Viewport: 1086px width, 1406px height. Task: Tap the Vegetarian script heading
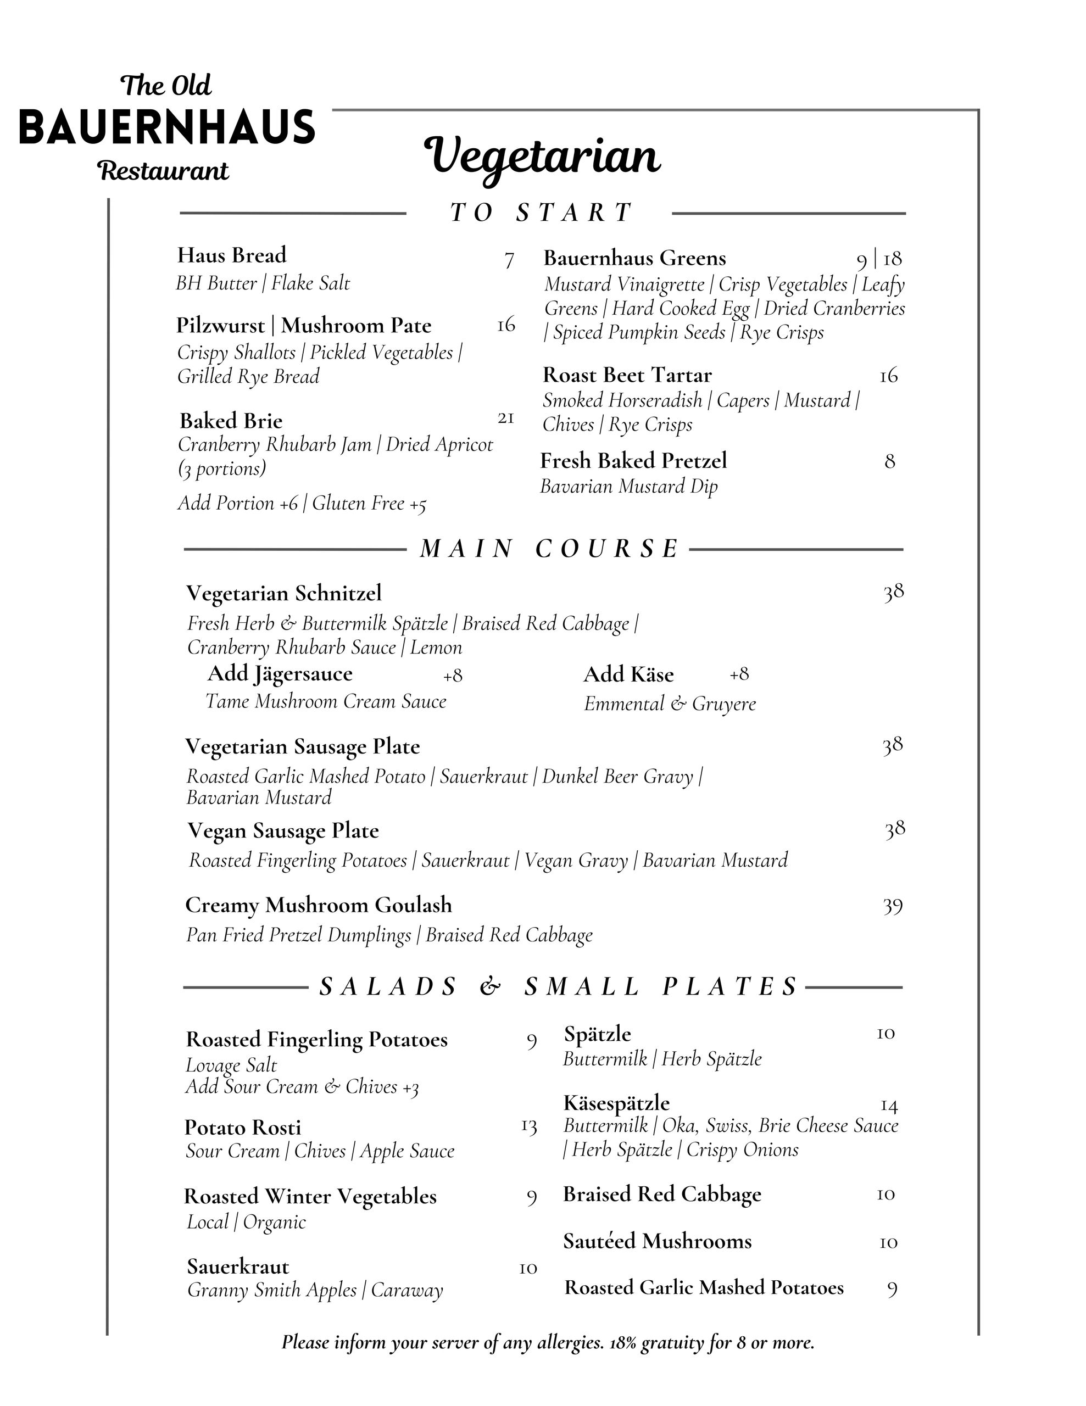[x=542, y=157]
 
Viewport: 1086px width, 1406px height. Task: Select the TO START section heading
[x=541, y=213]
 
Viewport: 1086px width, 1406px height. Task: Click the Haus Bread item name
[x=232, y=255]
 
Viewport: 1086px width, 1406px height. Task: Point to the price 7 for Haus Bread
[x=509, y=261]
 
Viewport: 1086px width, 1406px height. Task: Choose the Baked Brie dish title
[x=231, y=421]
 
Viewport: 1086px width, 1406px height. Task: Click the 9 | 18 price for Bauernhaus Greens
[x=879, y=259]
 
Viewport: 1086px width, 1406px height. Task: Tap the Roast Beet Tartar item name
[x=627, y=375]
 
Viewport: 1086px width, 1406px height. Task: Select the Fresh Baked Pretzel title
[x=633, y=460]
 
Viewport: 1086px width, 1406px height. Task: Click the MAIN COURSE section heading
[x=549, y=549]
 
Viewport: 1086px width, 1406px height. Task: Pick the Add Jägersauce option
[x=280, y=674]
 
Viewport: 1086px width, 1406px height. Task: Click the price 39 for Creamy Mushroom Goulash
[x=892, y=906]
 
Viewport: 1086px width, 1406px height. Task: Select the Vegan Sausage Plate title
[x=283, y=830]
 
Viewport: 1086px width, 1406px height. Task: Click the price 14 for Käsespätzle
[x=888, y=1106]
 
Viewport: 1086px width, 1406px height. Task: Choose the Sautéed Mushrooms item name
[x=658, y=1241]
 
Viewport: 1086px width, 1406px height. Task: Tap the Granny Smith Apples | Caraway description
[x=315, y=1290]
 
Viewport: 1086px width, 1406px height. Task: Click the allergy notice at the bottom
[x=548, y=1342]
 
